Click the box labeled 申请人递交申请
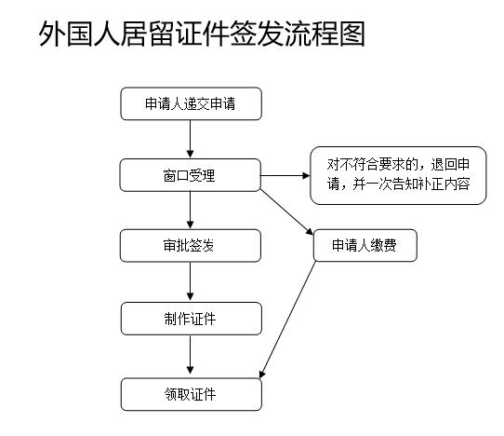192,103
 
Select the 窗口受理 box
190,175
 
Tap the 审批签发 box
191,246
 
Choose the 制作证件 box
192,319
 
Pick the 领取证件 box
192,394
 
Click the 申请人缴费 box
365,245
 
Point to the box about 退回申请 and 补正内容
398,175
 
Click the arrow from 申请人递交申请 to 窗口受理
191,139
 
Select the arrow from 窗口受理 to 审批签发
191,211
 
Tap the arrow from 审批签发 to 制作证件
191,281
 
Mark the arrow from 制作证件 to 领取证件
191,356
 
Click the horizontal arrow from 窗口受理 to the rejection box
285,175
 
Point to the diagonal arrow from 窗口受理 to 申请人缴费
286,212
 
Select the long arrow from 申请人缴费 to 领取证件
287,320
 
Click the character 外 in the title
52,34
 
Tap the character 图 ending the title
352,34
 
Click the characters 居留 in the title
148,34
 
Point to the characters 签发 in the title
258,34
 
